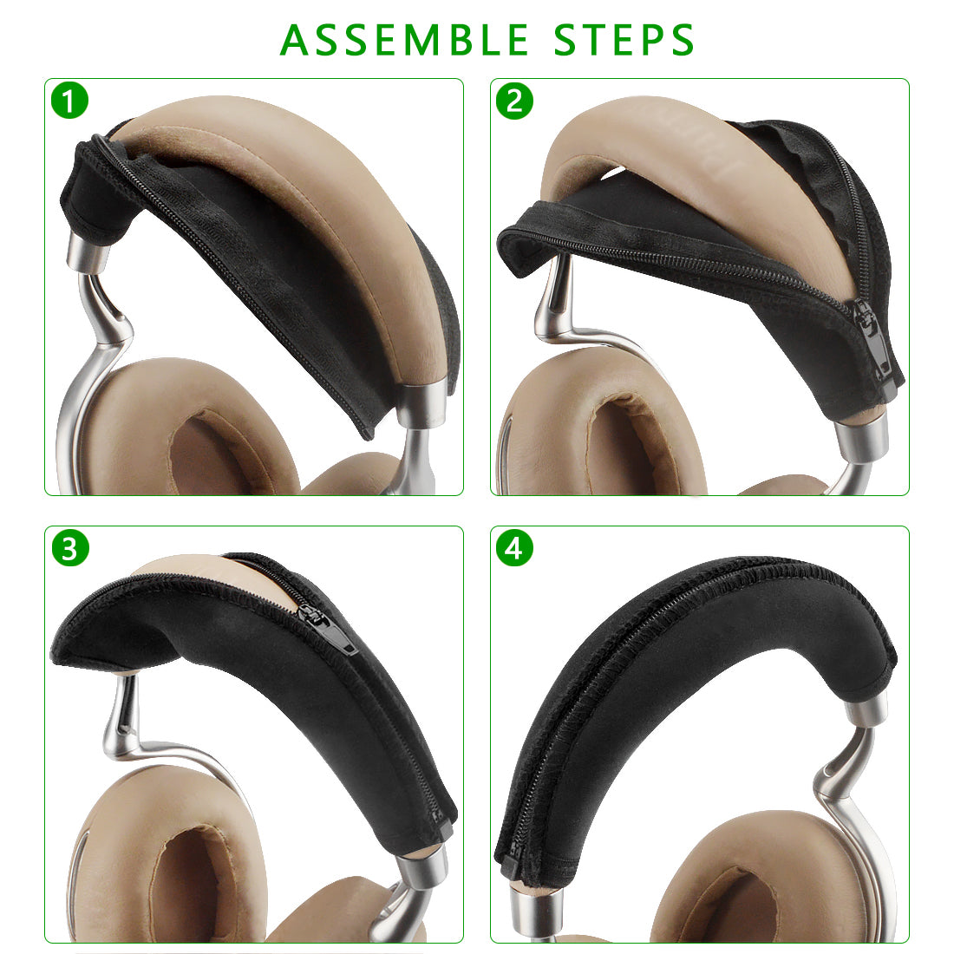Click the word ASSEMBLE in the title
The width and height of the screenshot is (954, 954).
(x=404, y=40)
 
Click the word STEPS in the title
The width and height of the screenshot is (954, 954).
(x=624, y=40)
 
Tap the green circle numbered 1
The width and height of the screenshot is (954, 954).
(x=70, y=101)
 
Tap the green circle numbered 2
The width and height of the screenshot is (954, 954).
(x=514, y=101)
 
